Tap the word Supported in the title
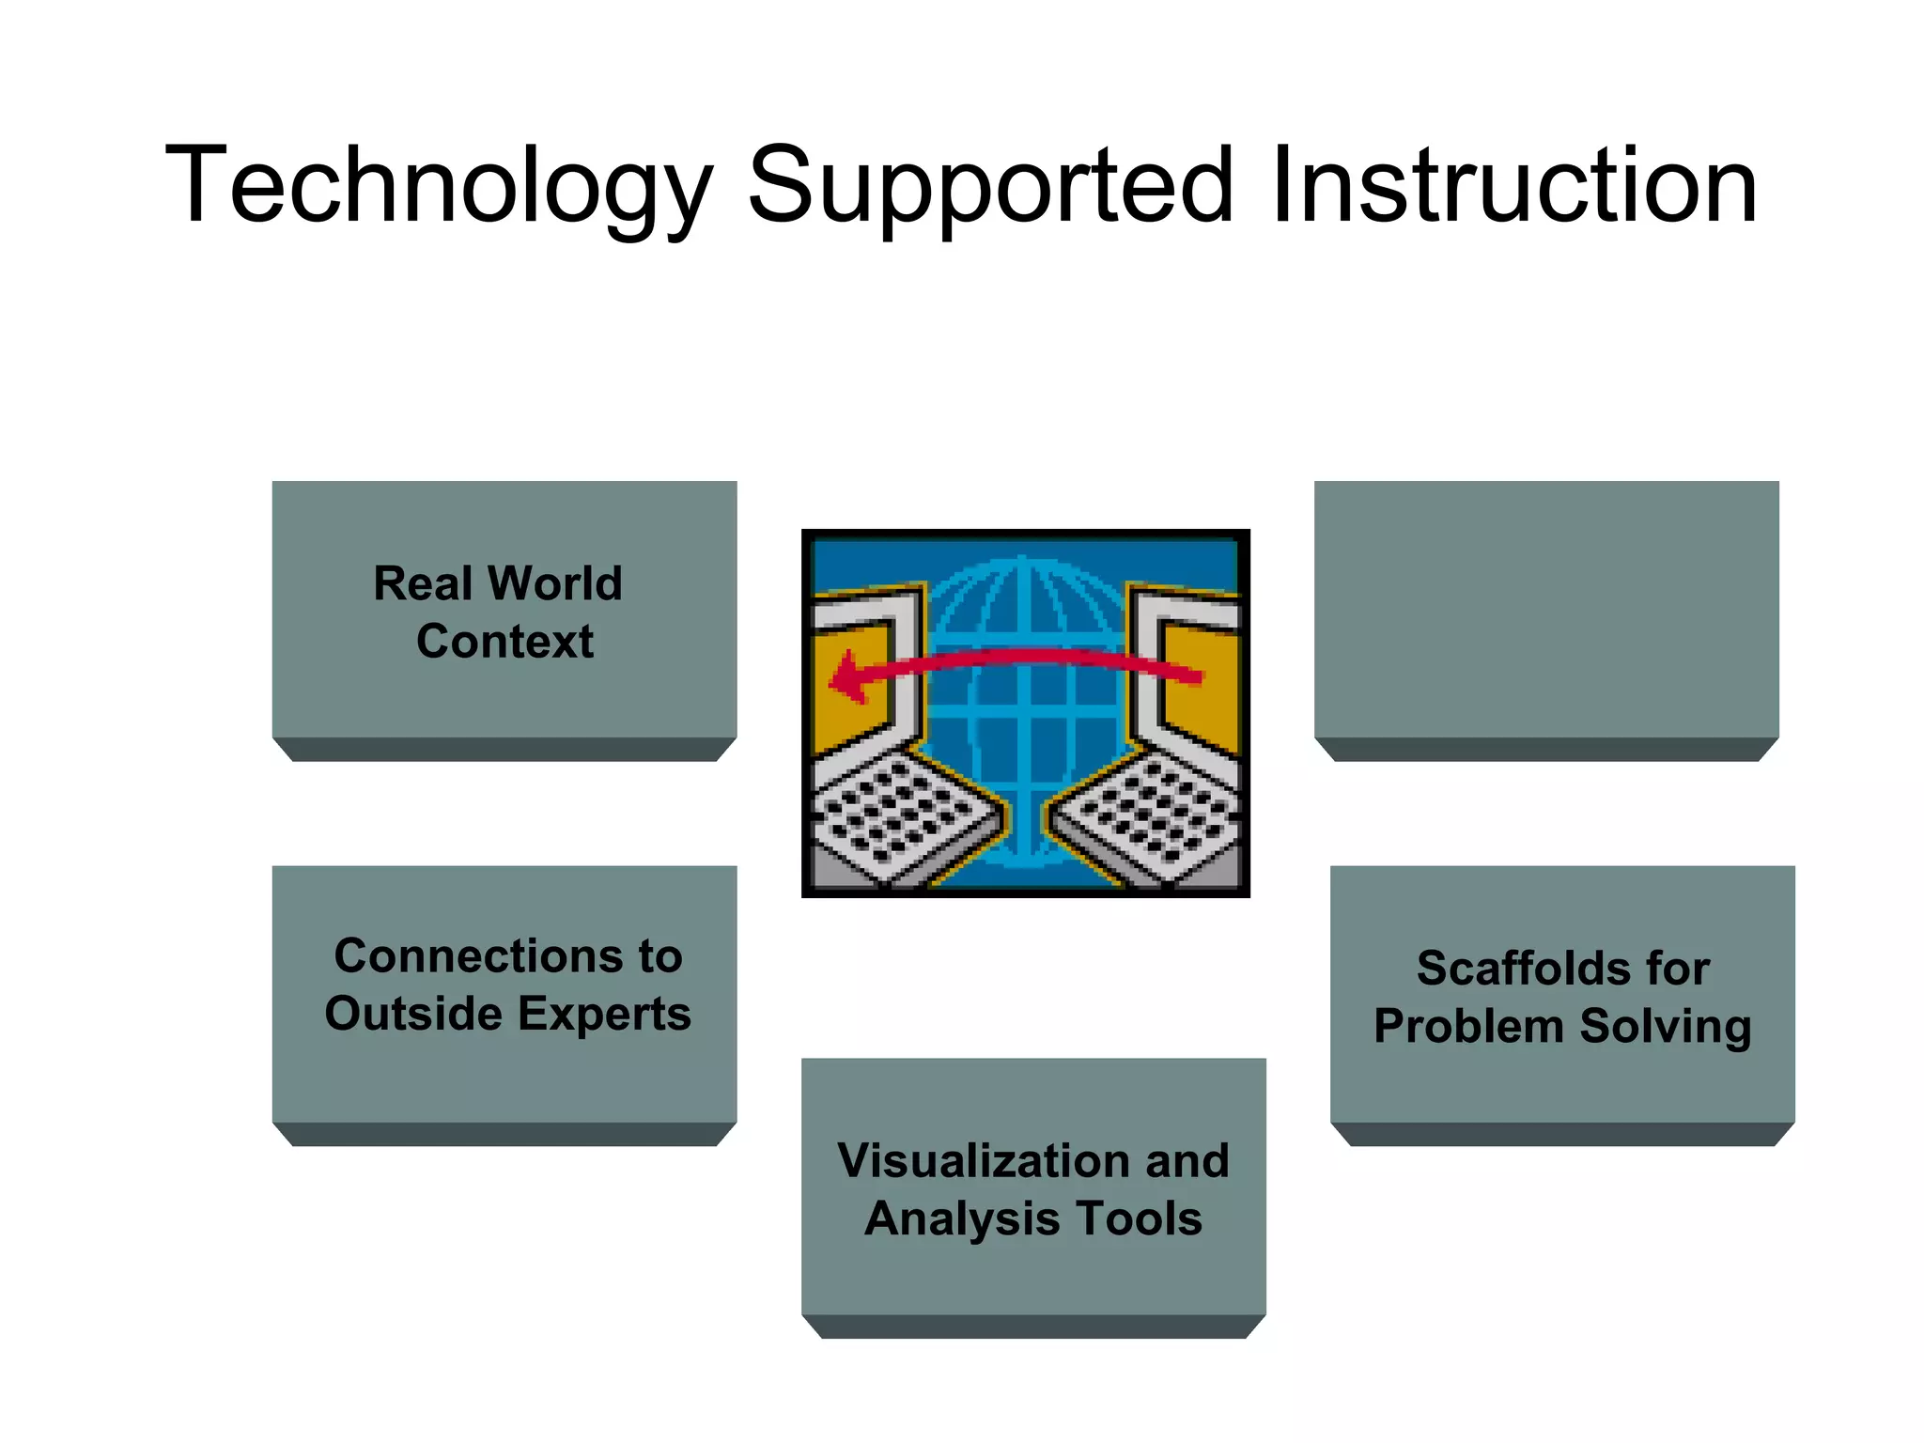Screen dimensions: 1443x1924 coord(989,185)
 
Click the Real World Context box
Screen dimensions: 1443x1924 coord(504,611)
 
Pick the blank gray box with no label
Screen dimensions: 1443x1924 coord(1545,611)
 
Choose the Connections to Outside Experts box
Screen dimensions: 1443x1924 coord(504,994)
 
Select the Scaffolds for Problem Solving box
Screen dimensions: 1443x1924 coord(1561,996)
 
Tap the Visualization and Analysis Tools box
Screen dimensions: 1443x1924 coord(1032,1188)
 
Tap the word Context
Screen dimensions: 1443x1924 coord(504,642)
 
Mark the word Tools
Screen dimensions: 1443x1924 coord(1139,1218)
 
